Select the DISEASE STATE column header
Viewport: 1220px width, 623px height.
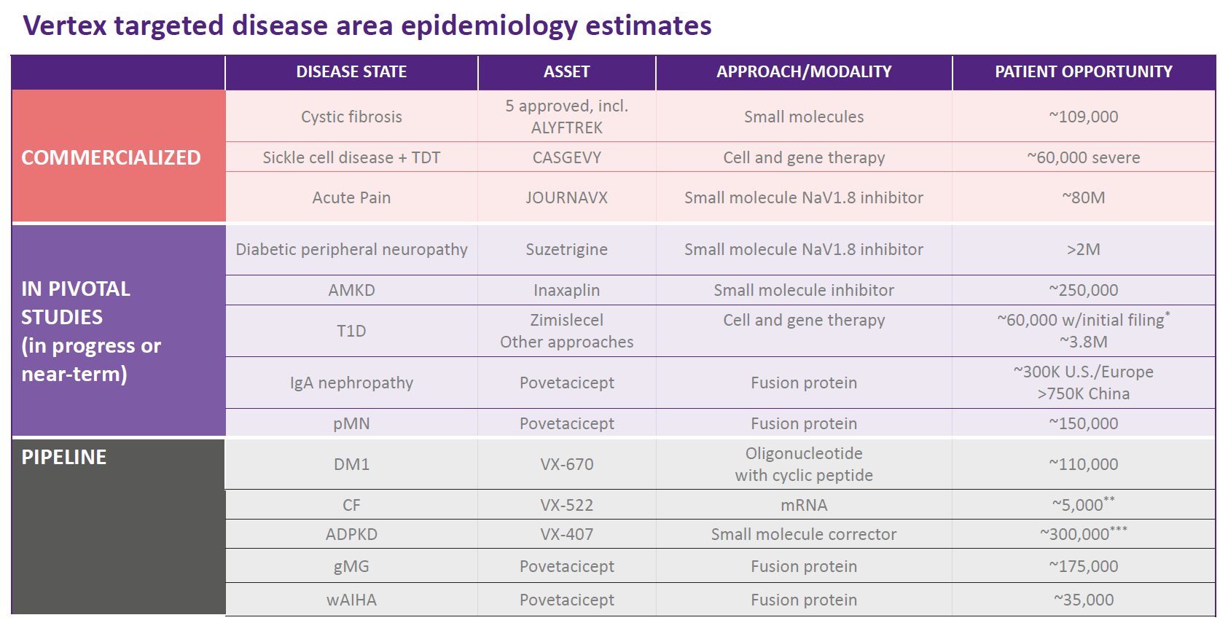pos(351,71)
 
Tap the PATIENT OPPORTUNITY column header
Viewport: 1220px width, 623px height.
pos(1083,71)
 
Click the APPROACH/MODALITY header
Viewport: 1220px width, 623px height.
pos(803,71)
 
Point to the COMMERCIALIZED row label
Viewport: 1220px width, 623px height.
pos(111,157)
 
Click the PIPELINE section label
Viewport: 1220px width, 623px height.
pos(64,457)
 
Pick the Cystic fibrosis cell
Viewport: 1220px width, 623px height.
pos(351,117)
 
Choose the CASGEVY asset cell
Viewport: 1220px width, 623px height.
pos(566,157)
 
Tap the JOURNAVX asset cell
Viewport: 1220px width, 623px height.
pos(566,197)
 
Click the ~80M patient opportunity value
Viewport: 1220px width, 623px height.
pos(1083,197)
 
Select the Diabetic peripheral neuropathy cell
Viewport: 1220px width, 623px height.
pos(351,249)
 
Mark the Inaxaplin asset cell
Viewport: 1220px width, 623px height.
pos(566,290)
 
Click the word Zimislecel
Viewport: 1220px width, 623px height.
pos(566,320)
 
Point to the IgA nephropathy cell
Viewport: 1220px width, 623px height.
pos(351,383)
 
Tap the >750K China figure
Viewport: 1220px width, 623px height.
pos(1083,393)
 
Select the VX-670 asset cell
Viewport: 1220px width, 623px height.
pos(566,464)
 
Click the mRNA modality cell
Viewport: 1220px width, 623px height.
pos(803,505)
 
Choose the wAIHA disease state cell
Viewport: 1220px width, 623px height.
pos(351,600)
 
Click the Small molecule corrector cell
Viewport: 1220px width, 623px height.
pos(803,534)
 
